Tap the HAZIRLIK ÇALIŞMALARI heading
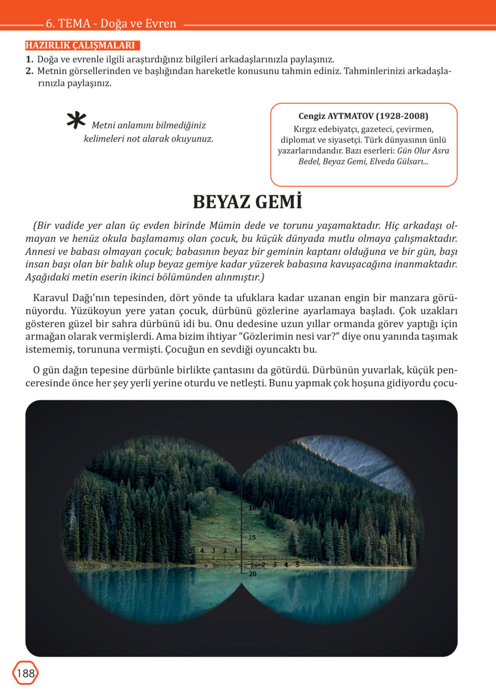tap(80, 45)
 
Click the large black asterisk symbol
tap(76, 120)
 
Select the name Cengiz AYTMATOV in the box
tap(336, 116)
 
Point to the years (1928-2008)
tap(402, 116)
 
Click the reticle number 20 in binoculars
tap(253, 574)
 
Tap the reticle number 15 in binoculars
tap(252, 538)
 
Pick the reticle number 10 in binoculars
tap(252, 508)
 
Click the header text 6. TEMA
tap(68, 24)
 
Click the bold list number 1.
tap(29, 59)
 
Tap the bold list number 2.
tap(29, 71)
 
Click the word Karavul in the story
tap(51, 298)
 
